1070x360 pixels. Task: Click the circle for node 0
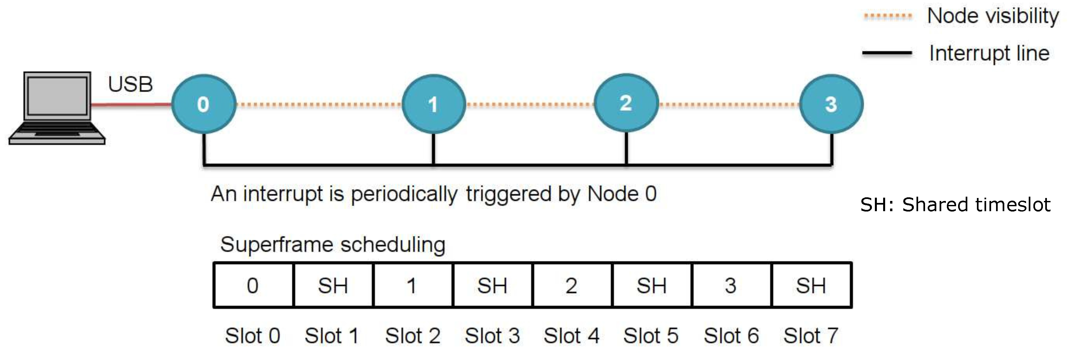coord(203,104)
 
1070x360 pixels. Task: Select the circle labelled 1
coord(433,104)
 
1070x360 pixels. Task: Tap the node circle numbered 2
coord(626,103)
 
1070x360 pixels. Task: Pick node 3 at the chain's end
coord(831,104)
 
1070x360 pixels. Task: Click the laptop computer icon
coord(57,108)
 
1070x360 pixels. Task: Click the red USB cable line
coord(131,105)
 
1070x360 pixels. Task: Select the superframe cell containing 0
coord(253,285)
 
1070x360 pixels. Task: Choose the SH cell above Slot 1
coord(333,285)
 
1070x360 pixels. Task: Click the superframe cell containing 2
coord(571,285)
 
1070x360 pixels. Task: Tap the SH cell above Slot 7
coord(811,285)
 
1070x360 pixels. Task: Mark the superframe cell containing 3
coord(731,285)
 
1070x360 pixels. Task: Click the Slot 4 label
coord(571,336)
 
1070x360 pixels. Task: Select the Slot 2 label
coord(412,336)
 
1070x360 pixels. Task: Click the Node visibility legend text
coord(993,16)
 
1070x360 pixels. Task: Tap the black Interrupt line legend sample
coord(887,53)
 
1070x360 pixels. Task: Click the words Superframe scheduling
coord(333,244)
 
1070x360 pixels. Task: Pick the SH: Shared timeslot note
coord(955,205)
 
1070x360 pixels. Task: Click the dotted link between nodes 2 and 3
coord(729,104)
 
